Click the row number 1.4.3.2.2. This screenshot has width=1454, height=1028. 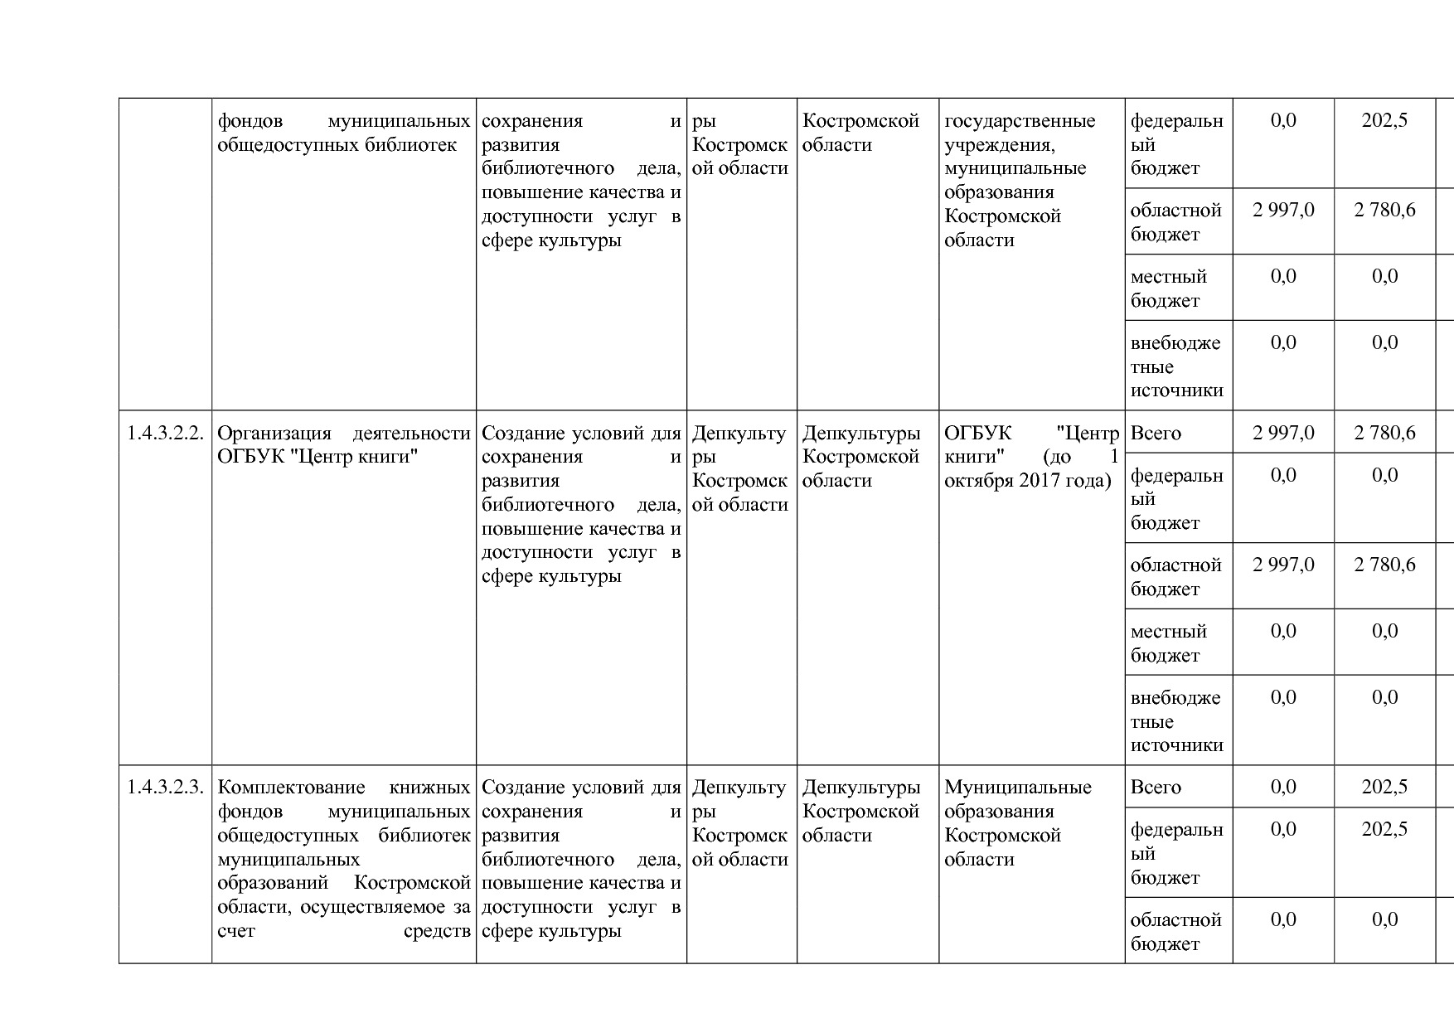tap(165, 433)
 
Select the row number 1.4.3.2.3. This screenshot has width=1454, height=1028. tap(165, 787)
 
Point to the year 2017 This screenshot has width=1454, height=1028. tap(1037, 481)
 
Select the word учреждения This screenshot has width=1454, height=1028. tap(999, 145)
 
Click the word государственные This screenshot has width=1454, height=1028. tap(1020, 121)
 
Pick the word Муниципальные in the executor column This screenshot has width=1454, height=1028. tap(1018, 787)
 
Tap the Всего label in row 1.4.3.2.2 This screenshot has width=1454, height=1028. tap(1156, 433)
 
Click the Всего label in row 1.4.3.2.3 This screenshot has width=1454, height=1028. tap(1156, 787)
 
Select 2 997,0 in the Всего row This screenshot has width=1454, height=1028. tap(1283, 433)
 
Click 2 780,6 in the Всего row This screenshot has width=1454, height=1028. tap(1384, 433)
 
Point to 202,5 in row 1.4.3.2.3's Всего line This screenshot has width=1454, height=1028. tap(1384, 787)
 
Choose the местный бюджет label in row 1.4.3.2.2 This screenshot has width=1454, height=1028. tap(1168, 643)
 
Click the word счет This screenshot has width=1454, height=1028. tap(236, 931)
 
